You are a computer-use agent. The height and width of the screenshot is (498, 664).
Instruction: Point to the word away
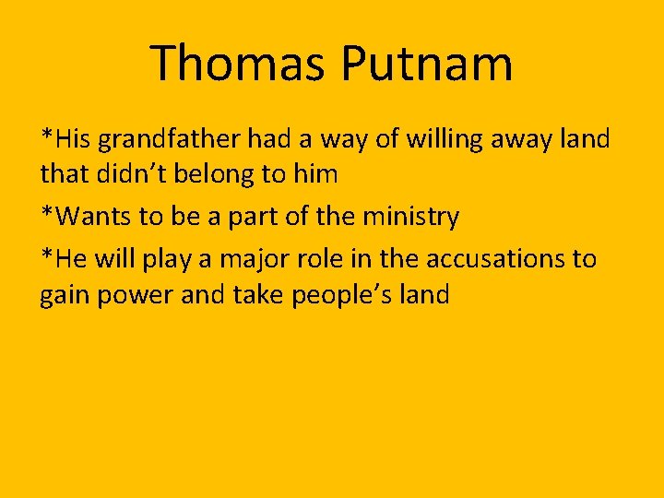tap(519, 139)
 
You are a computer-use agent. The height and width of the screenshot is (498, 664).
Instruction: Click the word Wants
tap(89, 218)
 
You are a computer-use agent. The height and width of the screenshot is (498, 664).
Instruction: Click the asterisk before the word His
tap(46, 136)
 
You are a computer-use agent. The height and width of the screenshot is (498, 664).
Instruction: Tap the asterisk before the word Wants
tap(46, 214)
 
